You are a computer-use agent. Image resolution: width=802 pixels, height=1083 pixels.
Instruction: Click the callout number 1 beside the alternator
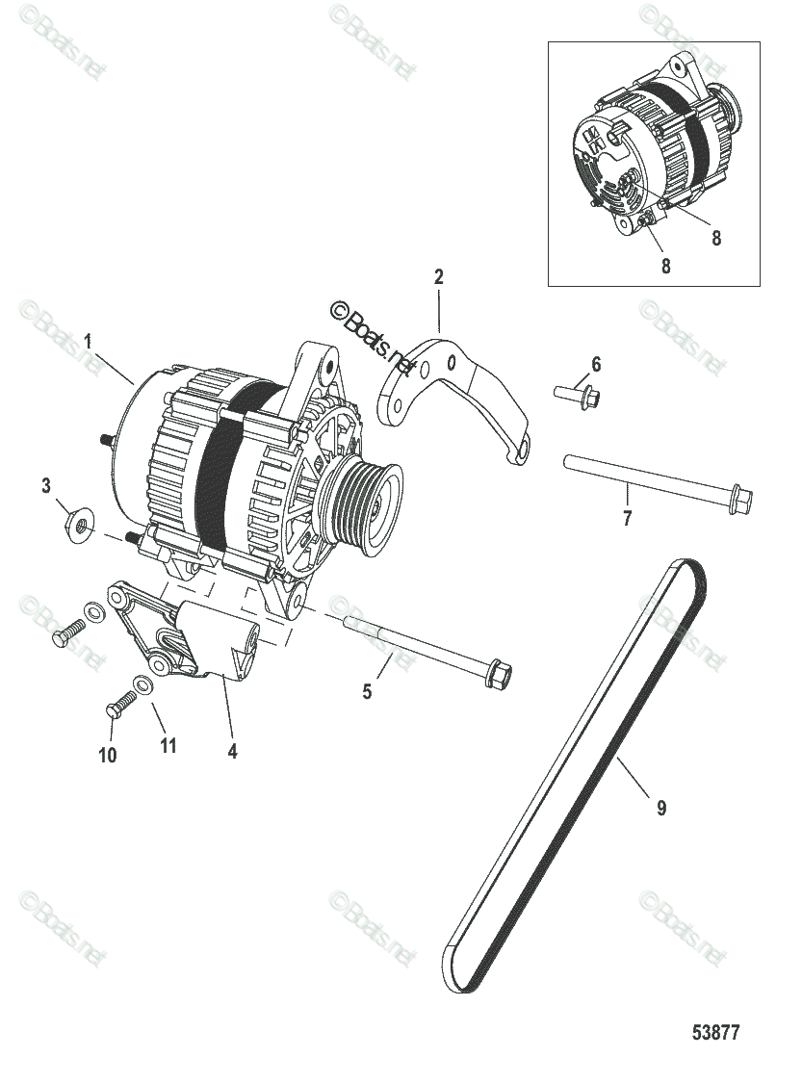point(88,341)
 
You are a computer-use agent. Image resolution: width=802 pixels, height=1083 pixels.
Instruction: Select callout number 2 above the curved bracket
point(439,277)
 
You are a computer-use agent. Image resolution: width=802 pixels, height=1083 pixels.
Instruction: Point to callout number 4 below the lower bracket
point(232,751)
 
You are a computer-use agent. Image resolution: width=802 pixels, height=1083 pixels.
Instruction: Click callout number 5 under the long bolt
point(367,691)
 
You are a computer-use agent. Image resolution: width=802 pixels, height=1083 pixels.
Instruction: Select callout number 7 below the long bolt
point(627,519)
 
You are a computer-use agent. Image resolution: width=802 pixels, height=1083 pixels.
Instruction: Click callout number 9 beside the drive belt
point(661,809)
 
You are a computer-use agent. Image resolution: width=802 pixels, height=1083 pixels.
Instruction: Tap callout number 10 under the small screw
point(107,755)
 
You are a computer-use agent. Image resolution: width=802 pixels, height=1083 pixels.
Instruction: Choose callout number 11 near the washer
point(168,745)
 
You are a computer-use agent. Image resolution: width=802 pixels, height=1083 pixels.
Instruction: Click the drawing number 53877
point(716,1034)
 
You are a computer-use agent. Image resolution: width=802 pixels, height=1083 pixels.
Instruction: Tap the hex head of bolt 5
point(499,672)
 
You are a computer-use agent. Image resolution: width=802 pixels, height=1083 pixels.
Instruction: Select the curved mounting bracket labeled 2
point(453,395)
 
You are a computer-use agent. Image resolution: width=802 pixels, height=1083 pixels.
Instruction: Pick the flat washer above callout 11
point(142,685)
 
